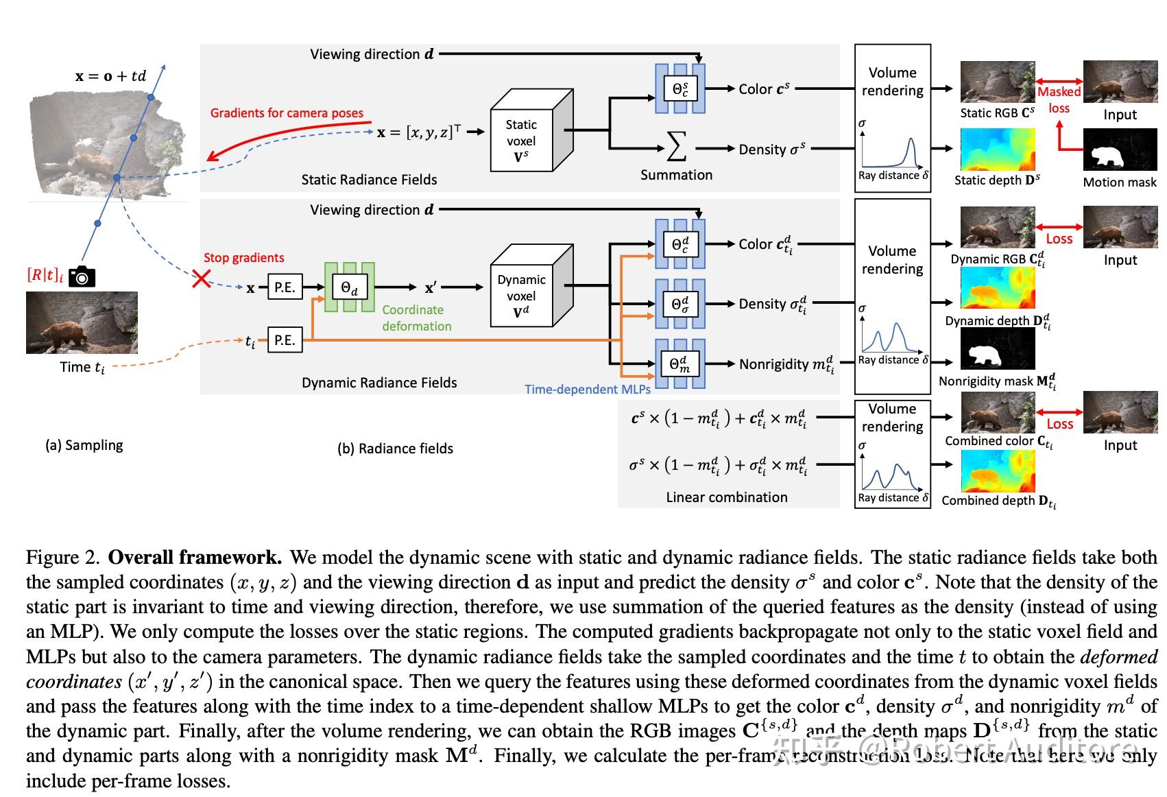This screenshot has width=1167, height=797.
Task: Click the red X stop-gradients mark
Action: [201, 278]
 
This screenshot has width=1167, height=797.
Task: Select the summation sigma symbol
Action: [676, 147]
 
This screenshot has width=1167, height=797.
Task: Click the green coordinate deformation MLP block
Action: [350, 287]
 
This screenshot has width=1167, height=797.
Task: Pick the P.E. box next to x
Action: [285, 287]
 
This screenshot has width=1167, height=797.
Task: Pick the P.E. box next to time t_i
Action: [285, 340]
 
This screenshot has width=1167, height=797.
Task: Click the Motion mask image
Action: [1119, 150]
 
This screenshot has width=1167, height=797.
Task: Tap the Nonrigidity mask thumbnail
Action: [997, 349]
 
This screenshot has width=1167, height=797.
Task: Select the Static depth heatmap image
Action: [997, 150]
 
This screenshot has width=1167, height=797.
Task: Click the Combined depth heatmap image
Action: [997, 471]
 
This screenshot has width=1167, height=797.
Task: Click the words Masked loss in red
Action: [1059, 100]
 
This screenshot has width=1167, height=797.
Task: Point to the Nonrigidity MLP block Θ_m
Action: [679, 364]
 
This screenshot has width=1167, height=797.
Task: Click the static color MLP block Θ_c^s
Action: [680, 88]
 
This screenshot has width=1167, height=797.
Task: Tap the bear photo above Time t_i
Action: [82, 322]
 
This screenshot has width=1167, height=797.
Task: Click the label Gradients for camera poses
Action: [287, 113]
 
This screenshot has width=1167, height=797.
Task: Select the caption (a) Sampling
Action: [84, 445]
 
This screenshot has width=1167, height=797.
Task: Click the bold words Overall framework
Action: [195, 557]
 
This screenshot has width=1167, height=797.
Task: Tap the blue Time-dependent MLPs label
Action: [587, 389]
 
